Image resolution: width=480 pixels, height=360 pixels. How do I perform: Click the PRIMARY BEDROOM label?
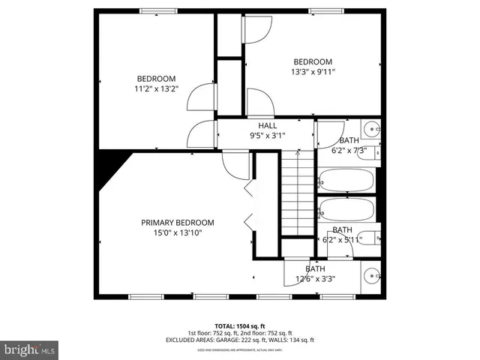178,223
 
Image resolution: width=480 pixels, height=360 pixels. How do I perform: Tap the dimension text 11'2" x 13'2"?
156,88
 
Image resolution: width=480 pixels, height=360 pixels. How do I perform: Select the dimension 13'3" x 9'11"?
313,72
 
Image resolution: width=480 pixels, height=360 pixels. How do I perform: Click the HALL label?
268,125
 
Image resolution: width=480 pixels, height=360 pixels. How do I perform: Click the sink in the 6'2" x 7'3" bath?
372,129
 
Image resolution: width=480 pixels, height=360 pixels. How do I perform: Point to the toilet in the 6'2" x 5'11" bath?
369,238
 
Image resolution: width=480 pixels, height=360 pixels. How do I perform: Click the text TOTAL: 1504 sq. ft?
240,326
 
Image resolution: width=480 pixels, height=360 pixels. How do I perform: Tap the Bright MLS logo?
30,349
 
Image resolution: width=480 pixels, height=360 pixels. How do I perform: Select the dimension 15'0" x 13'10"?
178,233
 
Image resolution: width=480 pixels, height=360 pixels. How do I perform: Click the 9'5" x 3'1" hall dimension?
268,136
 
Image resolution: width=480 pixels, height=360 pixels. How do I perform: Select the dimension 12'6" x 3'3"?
315,279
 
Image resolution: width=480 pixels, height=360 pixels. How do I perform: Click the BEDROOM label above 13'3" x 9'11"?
313,61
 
